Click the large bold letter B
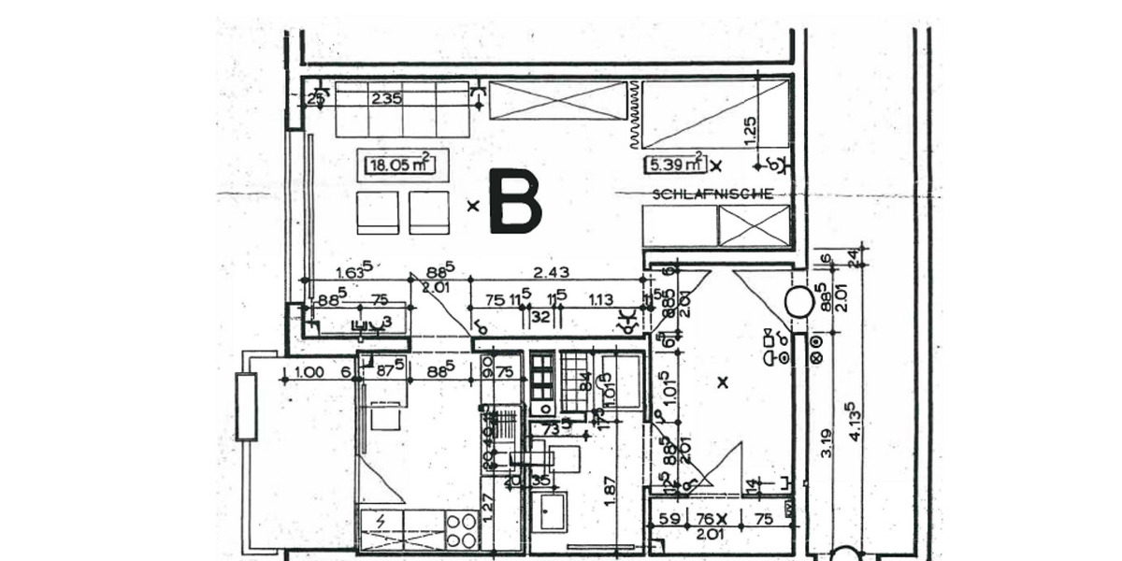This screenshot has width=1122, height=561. pyautogui.click(x=515, y=201)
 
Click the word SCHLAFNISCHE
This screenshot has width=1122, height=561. pyautogui.click(x=712, y=194)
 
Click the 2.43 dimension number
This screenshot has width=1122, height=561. pyautogui.click(x=551, y=272)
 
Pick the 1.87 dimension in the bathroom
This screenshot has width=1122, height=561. pyautogui.click(x=609, y=492)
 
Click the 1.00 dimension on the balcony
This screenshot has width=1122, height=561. pyautogui.click(x=309, y=372)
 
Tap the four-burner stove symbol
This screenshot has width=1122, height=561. pyautogui.click(x=463, y=529)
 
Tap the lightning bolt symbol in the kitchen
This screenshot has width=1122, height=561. pyautogui.click(x=380, y=520)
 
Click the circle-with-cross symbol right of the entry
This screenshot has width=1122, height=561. pyautogui.click(x=815, y=356)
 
